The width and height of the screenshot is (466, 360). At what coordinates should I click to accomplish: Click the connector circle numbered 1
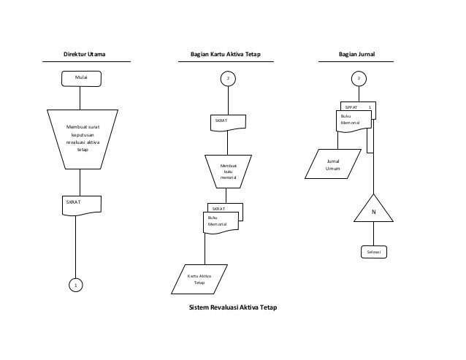[75, 285]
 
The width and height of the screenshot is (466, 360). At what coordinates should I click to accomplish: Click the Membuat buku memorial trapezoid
[228, 172]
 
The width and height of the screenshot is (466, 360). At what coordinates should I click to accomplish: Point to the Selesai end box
[373, 252]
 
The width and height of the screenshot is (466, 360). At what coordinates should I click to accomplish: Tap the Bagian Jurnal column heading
[362, 54]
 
